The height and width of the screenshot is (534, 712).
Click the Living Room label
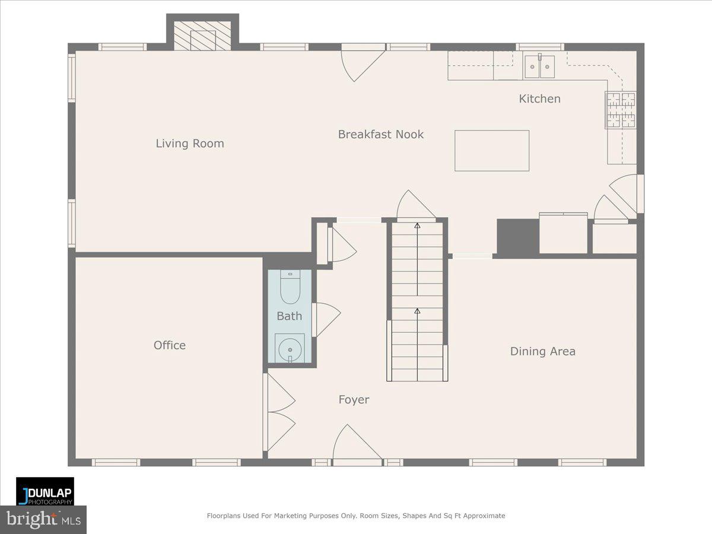[x=190, y=144]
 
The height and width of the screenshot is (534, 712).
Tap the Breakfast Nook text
[x=381, y=135]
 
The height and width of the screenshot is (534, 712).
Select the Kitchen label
[x=539, y=99]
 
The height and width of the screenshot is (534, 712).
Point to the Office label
[x=170, y=345]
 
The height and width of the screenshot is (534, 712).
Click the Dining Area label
[x=542, y=351]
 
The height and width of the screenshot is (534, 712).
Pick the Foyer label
[x=354, y=400]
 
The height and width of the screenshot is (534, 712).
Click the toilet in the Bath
[x=290, y=287]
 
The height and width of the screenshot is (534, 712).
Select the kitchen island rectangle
[x=492, y=151]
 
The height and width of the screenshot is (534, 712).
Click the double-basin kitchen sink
[x=539, y=66]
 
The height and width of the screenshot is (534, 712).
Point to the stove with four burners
[x=620, y=110]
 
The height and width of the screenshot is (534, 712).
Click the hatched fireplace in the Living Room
[x=202, y=36]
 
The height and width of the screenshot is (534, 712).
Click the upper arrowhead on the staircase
[x=417, y=225]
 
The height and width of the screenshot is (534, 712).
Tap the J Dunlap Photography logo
[x=45, y=491]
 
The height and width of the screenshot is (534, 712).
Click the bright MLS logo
[x=43, y=520]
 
